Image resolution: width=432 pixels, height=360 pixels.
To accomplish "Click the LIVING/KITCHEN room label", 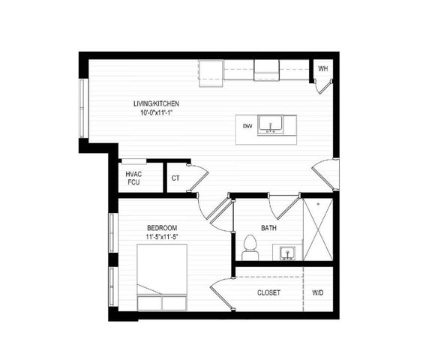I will click(x=156, y=103).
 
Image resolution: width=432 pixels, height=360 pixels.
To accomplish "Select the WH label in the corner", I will click(x=322, y=69).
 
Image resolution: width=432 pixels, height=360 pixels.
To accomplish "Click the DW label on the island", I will click(x=247, y=125).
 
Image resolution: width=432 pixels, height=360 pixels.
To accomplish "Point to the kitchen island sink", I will click(x=270, y=124).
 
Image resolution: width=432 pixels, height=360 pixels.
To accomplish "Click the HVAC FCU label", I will click(x=133, y=178).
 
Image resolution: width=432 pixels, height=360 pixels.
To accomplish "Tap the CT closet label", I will click(x=175, y=178).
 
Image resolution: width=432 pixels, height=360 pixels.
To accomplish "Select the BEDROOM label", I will click(x=161, y=227).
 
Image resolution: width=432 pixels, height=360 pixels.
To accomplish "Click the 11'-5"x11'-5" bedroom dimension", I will click(x=163, y=237).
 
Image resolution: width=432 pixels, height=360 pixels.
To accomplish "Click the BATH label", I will click(x=268, y=228).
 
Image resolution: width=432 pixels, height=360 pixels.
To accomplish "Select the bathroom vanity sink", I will click(x=288, y=253).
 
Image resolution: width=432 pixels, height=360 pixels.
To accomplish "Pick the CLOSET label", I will click(x=268, y=292).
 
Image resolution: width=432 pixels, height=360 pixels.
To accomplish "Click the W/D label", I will click(x=318, y=292).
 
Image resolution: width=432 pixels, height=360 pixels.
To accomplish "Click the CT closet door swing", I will click(x=196, y=178).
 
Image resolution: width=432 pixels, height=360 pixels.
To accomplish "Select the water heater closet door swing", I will click(x=322, y=85).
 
